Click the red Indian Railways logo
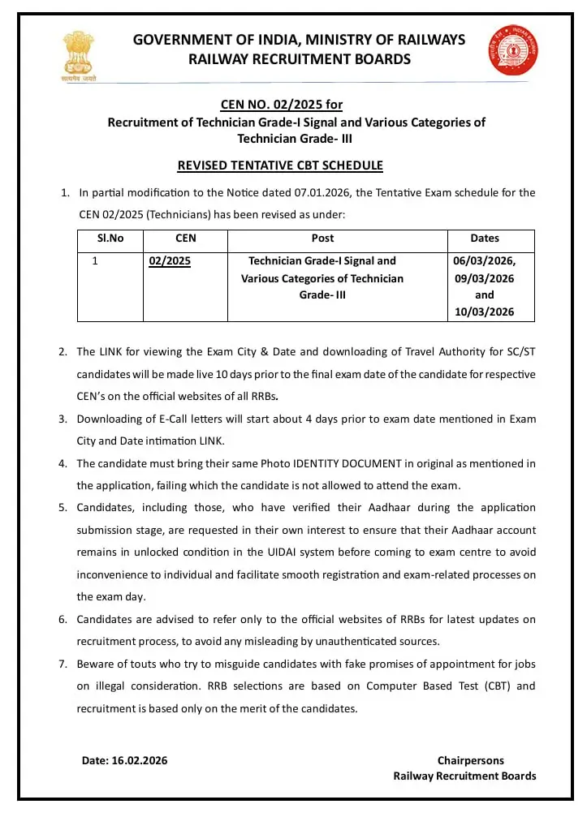pos(507,50)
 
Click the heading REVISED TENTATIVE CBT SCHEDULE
pos(280,166)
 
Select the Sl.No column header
pos(110,239)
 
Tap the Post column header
pos(322,239)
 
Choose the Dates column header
pos(485,239)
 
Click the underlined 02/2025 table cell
pos(170,261)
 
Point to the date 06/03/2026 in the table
pos(484,261)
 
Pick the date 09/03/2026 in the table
pos(484,278)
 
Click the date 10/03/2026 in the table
pos(484,312)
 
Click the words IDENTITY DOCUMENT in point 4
pos(347,463)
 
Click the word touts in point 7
pos(140,664)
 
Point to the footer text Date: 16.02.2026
pos(124,760)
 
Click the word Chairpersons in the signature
pos(470,760)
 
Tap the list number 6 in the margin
pos(63,620)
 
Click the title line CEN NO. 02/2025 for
pos(282,105)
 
